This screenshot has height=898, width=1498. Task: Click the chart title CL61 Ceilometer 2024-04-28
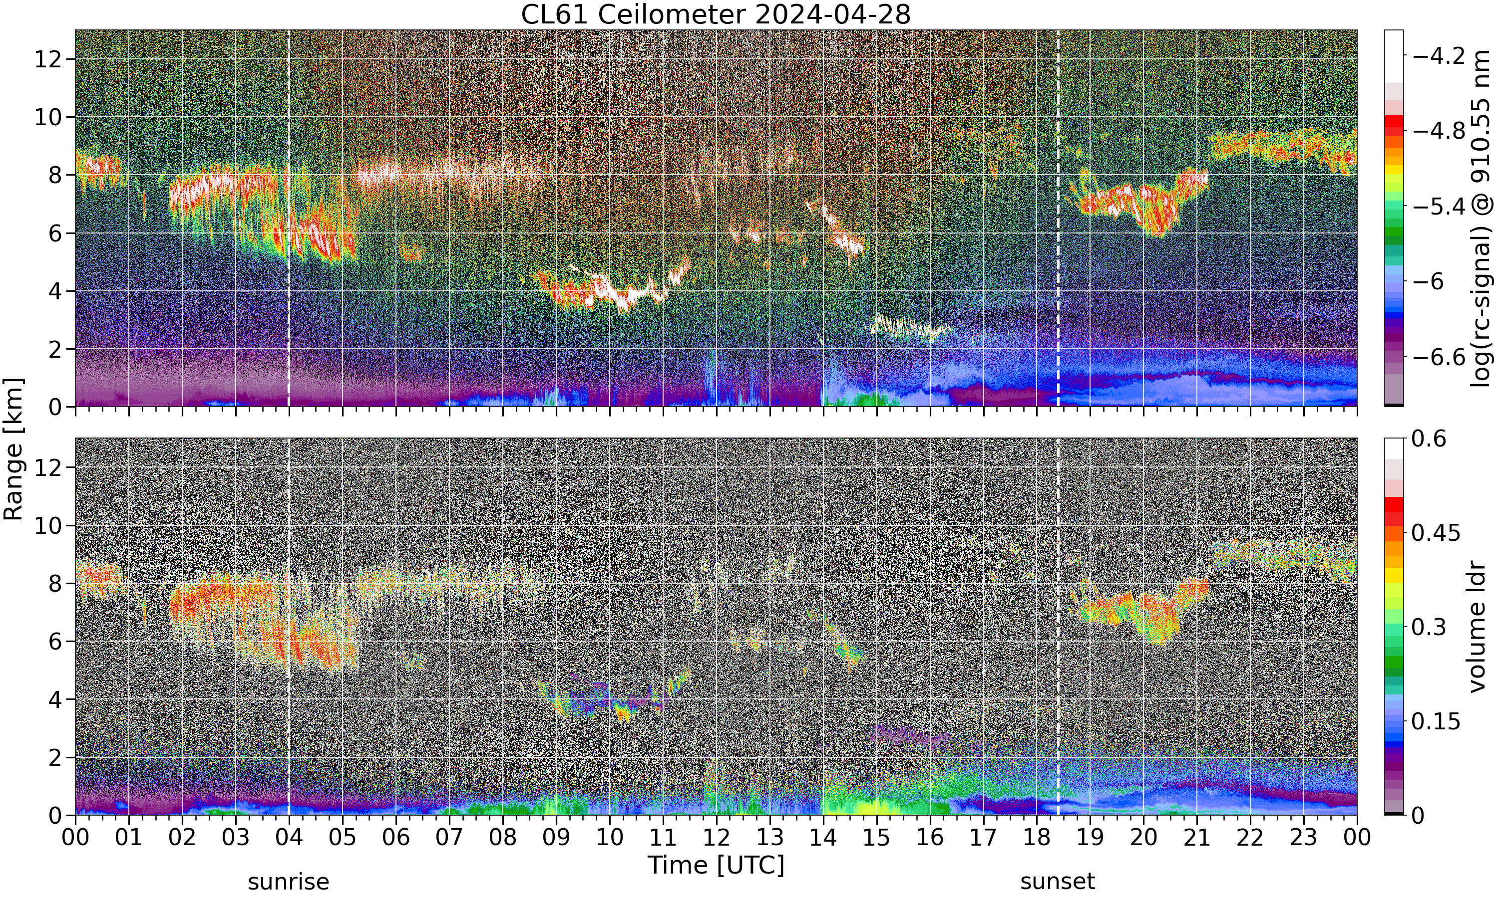715,14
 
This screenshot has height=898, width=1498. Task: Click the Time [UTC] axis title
716,866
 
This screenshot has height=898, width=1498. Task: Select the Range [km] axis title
13,449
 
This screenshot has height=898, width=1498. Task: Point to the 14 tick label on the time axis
823,838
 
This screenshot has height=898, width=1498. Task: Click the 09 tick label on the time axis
556,838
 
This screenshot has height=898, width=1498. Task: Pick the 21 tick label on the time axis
1196,838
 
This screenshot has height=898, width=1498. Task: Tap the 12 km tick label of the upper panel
48,59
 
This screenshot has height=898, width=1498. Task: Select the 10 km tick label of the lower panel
48,525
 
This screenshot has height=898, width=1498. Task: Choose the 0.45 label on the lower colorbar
1436,532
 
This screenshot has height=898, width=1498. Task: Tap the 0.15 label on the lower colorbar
1436,721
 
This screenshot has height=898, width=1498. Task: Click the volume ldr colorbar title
1478,627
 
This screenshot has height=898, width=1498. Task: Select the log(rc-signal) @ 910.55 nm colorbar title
1480,219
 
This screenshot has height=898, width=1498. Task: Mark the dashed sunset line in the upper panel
1058,219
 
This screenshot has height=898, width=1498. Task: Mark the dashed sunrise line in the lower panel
288,627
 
